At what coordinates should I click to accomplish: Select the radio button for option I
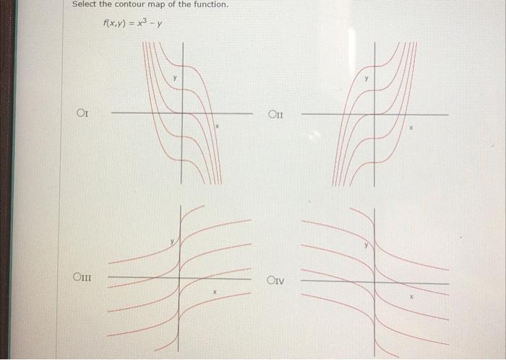(x=81, y=113)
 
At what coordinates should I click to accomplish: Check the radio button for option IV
(x=271, y=280)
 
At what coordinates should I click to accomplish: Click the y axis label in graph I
(x=173, y=77)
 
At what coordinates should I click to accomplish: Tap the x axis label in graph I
(x=215, y=126)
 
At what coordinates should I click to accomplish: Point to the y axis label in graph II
(x=366, y=77)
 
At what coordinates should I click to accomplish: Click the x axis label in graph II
(x=411, y=127)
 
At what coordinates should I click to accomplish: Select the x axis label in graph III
(x=214, y=291)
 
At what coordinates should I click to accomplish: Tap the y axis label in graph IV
(x=366, y=246)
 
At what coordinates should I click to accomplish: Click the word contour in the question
(x=142, y=5)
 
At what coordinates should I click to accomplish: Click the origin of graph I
(x=181, y=113)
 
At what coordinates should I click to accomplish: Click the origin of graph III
(x=179, y=278)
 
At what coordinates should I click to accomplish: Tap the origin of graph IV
(x=374, y=282)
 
